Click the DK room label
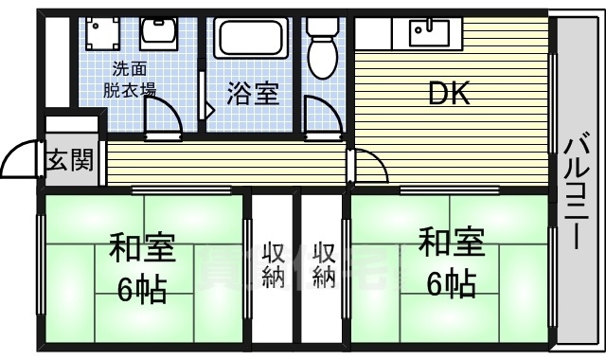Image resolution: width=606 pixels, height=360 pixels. point(450,95)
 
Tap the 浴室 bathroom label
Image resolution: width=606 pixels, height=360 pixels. point(253,95)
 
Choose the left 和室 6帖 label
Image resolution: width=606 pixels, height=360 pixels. point(142,266)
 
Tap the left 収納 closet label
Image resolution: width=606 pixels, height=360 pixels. point(274,265)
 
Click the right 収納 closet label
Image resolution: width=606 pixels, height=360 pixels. point(324,265)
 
